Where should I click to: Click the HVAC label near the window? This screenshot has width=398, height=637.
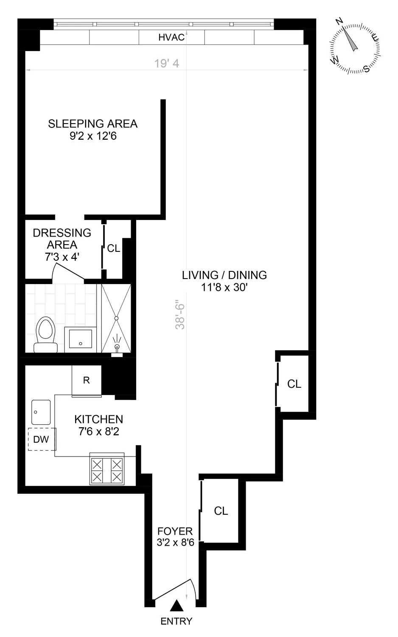(171, 37)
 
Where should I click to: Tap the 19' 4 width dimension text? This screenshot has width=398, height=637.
(167, 63)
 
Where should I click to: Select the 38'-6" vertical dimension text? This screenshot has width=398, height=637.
(181, 314)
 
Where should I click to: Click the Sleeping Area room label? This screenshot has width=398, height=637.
(93, 130)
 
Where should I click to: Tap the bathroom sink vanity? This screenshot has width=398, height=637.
(80, 339)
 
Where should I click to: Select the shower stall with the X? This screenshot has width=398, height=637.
(116, 318)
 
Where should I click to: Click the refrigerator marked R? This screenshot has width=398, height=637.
(87, 380)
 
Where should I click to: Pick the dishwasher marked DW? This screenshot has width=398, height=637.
(41, 439)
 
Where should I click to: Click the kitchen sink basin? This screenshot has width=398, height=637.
(41, 412)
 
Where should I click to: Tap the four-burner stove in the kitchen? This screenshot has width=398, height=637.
(107, 470)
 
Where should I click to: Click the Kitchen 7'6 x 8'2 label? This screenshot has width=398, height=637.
(99, 425)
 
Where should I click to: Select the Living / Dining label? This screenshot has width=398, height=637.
(224, 281)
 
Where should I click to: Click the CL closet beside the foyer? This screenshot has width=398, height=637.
(221, 511)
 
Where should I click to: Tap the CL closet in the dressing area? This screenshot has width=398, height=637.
(114, 248)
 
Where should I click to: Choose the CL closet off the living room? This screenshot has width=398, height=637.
(294, 384)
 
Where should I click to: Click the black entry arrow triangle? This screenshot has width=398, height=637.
(177, 606)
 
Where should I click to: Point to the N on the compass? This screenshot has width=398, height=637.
(339, 22)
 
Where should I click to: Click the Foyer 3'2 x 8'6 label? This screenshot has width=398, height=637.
(175, 536)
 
